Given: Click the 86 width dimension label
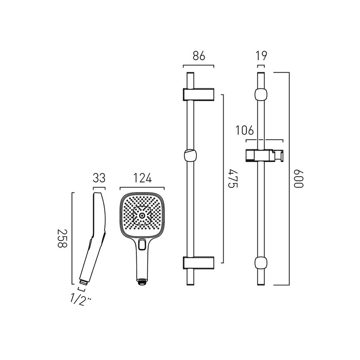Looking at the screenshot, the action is pyautogui.click(x=199, y=56).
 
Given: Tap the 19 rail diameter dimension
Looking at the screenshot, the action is pyautogui.click(x=261, y=56).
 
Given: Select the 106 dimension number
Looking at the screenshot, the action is pyautogui.click(x=245, y=130).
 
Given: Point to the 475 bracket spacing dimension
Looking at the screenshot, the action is pyautogui.click(x=233, y=179).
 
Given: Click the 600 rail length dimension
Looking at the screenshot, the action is pyautogui.click(x=299, y=179).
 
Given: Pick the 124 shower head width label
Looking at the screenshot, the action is pyautogui.click(x=142, y=178).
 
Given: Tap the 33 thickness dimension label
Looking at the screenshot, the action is pyautogui.click(x=99, y=178).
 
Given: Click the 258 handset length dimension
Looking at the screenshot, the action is pyautogui.click(x=62, y=238).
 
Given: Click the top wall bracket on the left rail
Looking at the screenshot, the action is pyautogui.click(x=198, y=94).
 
